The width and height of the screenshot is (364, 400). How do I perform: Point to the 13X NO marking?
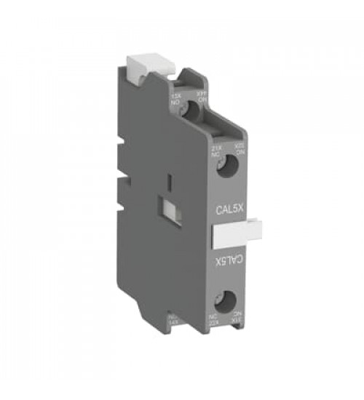[175, 99]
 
